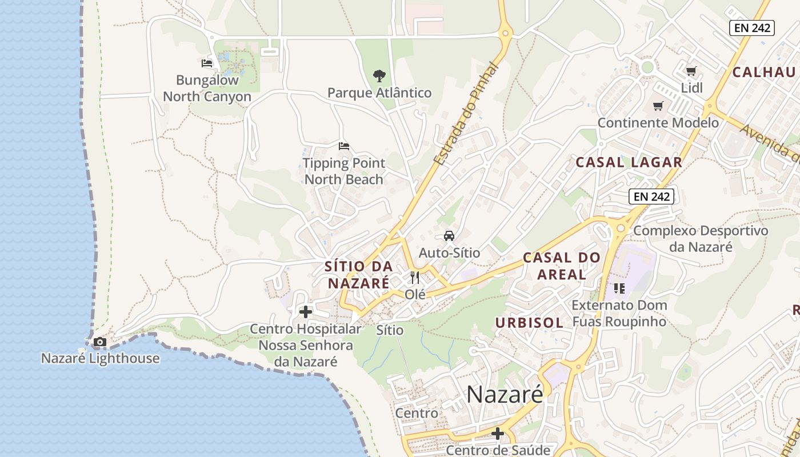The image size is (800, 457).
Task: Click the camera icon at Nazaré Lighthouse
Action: coord(100,342)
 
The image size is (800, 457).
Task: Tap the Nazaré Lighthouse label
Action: coord(101,359)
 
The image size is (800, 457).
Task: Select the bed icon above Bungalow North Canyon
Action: coord(207,63)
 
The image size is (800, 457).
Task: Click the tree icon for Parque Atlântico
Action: coord(379,75)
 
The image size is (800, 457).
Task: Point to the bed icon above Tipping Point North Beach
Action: coord(343,146)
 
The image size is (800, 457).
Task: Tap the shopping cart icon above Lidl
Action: coord(691,71)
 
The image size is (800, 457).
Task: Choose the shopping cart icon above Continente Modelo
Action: coord(658,106)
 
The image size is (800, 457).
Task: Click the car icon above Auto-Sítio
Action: coord(449,235)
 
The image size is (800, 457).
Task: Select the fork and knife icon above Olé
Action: coord(415,278)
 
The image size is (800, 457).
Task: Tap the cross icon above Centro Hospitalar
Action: coord(306,312)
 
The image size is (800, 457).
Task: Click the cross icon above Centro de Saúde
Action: coord(498,434)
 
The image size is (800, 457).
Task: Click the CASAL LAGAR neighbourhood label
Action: coord(629,162)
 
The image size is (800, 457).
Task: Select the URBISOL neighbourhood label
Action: coord(529,323)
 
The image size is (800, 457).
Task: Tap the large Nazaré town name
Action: coord(504,394)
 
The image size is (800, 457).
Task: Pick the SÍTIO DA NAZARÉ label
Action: coord(359,274)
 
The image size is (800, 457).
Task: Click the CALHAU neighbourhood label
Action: coord(764,72)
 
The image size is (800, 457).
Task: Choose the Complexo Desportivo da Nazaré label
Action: coord(701,239)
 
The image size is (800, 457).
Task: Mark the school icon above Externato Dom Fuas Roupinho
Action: coord(619,288)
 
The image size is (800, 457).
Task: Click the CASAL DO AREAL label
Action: coord(562,266)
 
